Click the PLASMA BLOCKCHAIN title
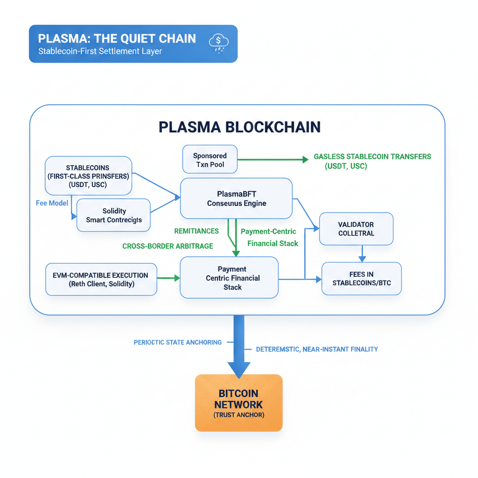click(239, 127)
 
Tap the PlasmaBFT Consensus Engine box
click(236, 198)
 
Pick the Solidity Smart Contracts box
click(113, 215)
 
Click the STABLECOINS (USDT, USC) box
click(89, 176)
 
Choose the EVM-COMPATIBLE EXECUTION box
click(101, 280)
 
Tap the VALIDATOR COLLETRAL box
click(356, 229)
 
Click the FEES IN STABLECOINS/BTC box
click(361, 279)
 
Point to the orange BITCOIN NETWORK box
click(239, 402)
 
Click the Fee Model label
click(52, 203)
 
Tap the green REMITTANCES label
click(196, 231)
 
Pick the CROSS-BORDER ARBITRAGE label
click(168, 246)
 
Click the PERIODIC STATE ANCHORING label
click(177, 342)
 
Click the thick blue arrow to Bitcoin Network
click(239, 345)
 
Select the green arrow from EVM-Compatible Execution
click(169, 278)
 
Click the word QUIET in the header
click(123, 38)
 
